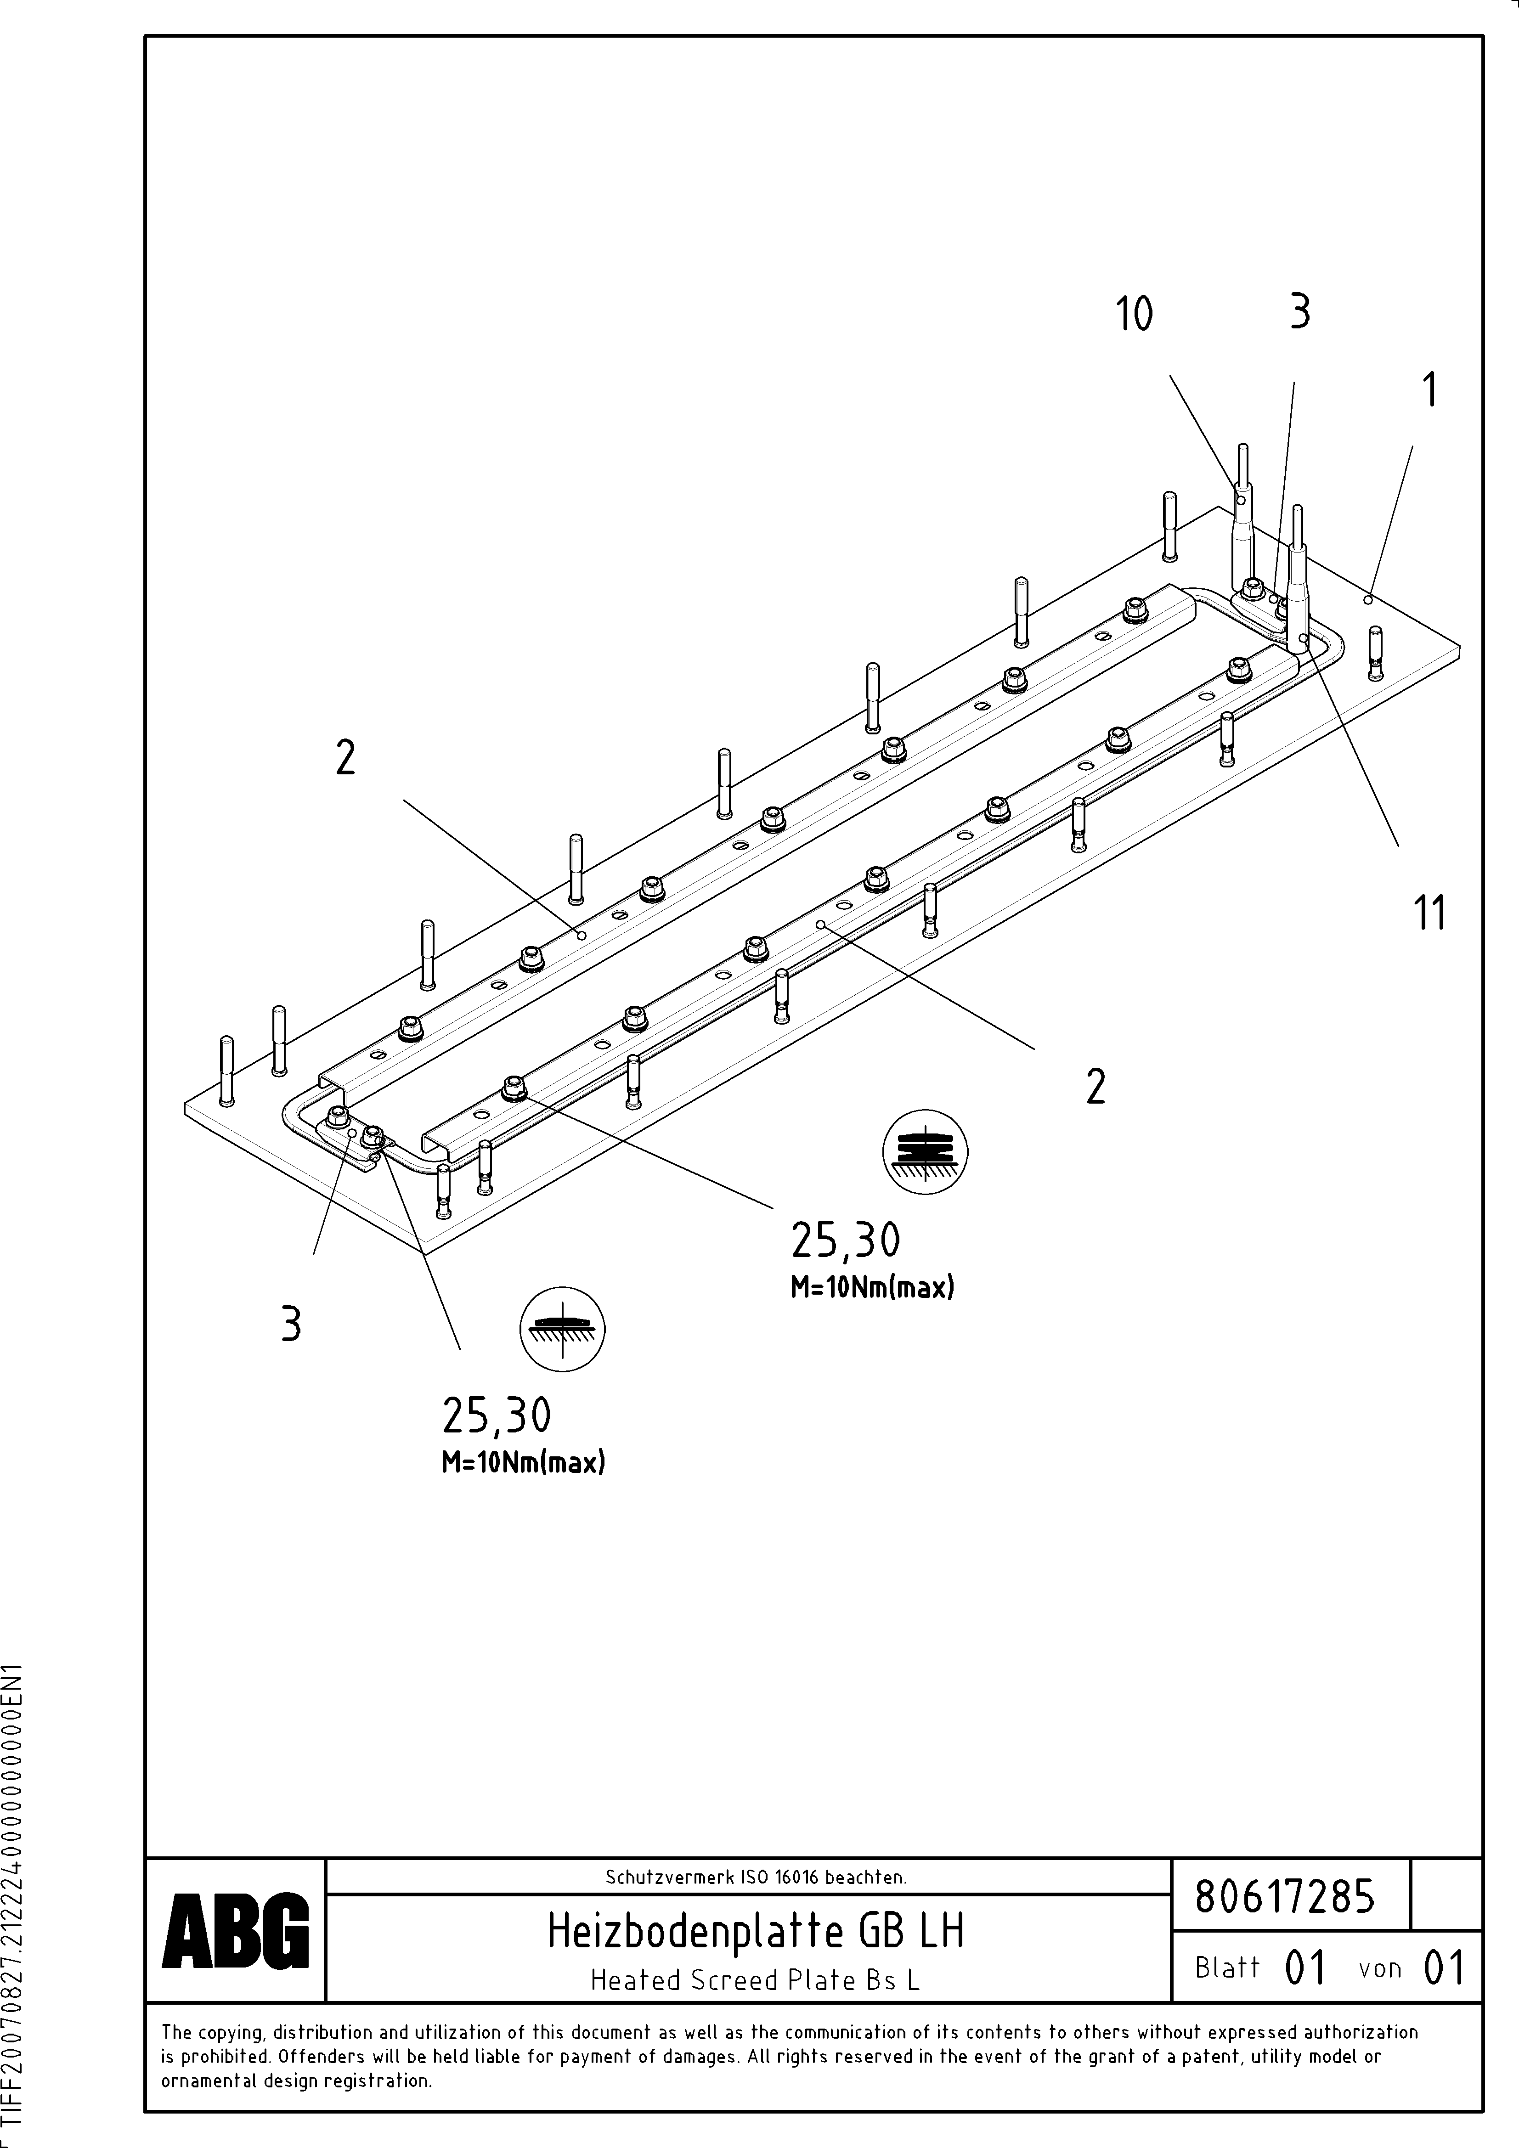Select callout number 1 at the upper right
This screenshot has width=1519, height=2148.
(x=1429, y=390)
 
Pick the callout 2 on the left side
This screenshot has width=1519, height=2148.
(x=345, y=758)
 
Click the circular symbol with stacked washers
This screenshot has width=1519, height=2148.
(x=925, y=1153)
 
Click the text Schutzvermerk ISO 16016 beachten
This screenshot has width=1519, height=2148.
(x=755, y=1877)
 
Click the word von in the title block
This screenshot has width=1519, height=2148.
(x=1379, y=1968)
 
